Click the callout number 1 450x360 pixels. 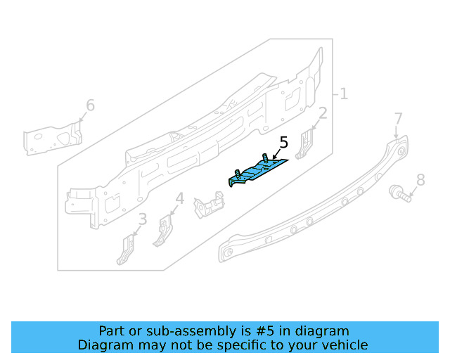344,94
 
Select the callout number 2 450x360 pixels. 323,113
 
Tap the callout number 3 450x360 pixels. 143,219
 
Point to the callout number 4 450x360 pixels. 180,199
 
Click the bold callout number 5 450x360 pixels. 283,143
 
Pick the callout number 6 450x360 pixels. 90,105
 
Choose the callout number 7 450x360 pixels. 398,118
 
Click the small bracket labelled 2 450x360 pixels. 307,144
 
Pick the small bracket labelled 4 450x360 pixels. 163,230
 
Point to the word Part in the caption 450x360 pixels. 112,331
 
